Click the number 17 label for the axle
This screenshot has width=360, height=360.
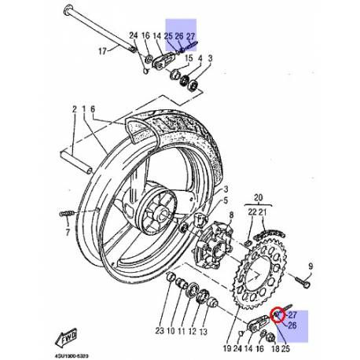pos(101,53)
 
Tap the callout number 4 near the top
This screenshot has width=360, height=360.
pos(200,59)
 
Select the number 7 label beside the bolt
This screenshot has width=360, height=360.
pos(67,233)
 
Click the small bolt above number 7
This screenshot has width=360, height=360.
pos(66,214)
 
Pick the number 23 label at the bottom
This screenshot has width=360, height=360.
pos(160,332)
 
